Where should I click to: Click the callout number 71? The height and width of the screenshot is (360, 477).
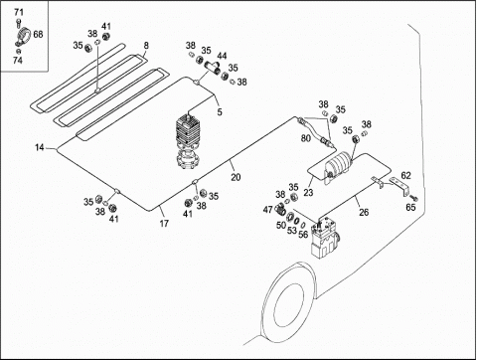19,13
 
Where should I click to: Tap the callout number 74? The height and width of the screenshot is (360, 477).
18,61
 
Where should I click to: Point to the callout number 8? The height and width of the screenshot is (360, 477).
146,46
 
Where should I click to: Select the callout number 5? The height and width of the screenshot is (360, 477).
220,112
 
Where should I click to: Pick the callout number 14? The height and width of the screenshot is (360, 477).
40,147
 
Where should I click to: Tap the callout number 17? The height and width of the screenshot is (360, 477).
164,224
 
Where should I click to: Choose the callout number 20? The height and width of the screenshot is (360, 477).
236,177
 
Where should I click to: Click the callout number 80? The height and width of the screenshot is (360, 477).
305,138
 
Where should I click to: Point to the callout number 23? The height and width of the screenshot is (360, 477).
308,192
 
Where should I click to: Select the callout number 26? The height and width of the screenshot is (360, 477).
364,212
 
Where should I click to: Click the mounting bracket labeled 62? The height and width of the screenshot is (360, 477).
400,186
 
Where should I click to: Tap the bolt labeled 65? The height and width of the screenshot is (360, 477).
413,198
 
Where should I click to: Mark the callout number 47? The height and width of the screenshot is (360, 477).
267,210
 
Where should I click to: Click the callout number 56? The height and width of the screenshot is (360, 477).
303,234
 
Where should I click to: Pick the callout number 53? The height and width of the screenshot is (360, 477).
291,231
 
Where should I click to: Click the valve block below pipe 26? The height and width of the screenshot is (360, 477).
325,237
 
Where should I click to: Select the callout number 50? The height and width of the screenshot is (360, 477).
281,226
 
